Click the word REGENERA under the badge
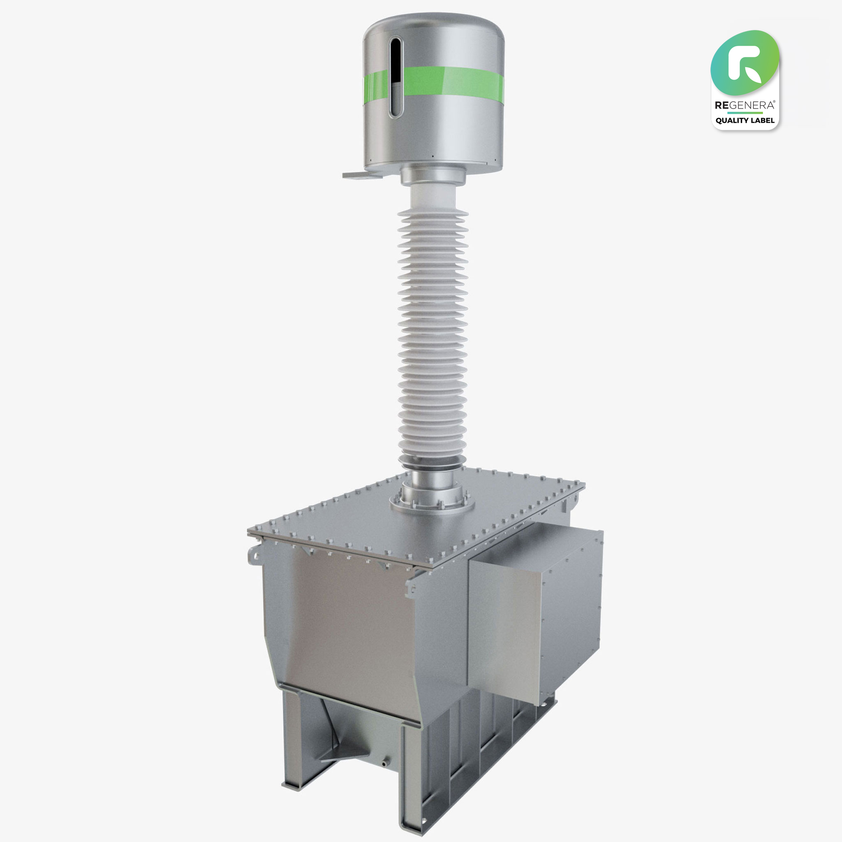pos(745,105)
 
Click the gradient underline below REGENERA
pos(745,112)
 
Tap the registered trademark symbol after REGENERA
pos(774,102)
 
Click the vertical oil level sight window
pos(395,78)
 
